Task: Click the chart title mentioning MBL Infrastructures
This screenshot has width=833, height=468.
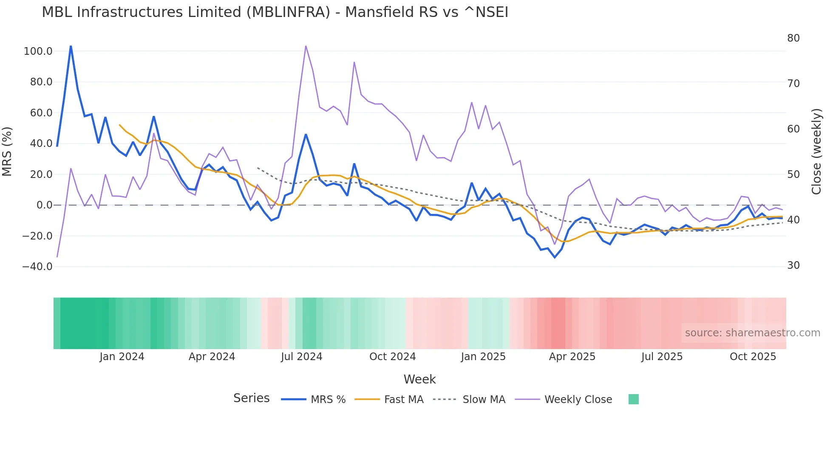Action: pos(275,12)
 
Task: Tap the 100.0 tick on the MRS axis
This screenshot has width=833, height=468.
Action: pos(38,51)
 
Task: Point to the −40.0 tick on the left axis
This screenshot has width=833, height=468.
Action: pos(37,267)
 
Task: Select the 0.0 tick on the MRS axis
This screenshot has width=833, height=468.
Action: pos(44,205)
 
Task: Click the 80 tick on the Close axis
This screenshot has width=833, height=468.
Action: pos(793,38)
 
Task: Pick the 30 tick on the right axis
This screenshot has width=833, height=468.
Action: pos(793,265)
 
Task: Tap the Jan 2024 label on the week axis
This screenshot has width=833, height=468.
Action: pos(122,357)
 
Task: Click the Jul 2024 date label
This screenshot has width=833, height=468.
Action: pos(302,357)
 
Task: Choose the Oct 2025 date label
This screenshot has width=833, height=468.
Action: pos(753,357)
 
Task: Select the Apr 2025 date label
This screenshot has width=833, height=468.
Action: pos(572,357)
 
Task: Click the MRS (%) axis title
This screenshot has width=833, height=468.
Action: pos(7,151)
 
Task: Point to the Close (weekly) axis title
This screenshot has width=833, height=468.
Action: pos(816,151)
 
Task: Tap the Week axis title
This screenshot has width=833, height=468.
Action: pos(419,379)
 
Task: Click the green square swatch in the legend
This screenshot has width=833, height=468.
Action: pos(634,399)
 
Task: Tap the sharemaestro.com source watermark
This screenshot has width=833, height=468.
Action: pos(752,333)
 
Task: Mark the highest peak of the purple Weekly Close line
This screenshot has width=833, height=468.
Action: pos(306,46)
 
